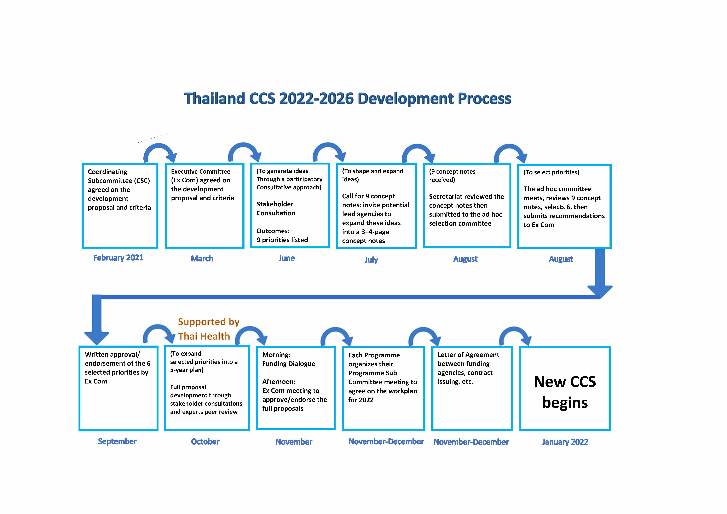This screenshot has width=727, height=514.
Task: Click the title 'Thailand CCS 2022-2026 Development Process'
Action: (x=347, y=98)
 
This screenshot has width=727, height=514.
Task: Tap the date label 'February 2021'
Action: (x=118, y=258)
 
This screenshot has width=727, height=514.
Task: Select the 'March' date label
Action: (x=202, y=259)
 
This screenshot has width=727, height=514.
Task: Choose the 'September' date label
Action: (x=117, y=441)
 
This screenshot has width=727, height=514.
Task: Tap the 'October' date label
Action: (x=205, y=442)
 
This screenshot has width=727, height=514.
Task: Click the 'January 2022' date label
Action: (x=565, y=442)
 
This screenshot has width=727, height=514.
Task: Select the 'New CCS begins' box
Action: (x=565, y=389)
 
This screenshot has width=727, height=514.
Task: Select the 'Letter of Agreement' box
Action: (x=472, y=389)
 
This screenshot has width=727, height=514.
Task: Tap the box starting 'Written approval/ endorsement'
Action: (x=118, y=389)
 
